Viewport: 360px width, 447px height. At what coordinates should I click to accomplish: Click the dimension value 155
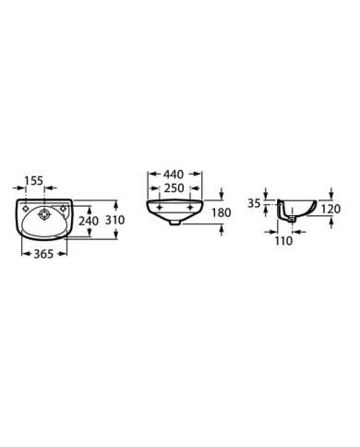[x=34, y=181]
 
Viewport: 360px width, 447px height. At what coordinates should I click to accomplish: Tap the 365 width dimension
[x=43, y=254]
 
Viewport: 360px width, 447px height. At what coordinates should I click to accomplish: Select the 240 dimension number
[x=89, y=221]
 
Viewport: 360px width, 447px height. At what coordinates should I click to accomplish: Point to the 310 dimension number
[x=115, y=220]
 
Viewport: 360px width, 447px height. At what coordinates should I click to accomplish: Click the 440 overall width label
[x=174, y=175]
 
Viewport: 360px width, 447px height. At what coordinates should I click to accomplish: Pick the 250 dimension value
[x=174, y=188]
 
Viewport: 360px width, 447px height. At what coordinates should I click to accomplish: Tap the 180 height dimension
[x=222, y=212]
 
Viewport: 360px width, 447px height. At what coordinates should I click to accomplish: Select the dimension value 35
[x=255, y=203]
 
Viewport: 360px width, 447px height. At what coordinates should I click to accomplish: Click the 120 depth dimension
[x=331, y=210]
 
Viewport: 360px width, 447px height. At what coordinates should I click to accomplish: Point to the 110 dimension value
[x=283, y=241]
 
